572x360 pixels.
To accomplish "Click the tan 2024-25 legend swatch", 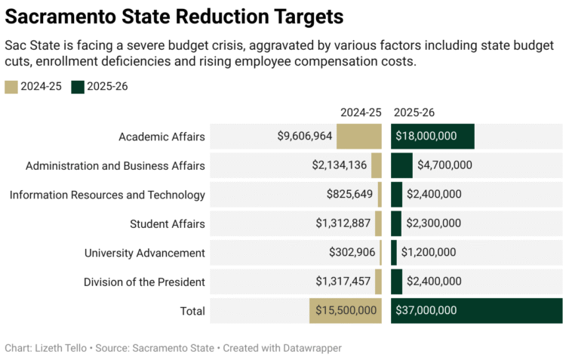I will (11, 86).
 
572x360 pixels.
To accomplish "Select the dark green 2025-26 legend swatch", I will (78, 86).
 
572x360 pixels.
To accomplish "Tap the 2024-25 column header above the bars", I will (361, 112).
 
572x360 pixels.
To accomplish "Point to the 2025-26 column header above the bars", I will (414, 112).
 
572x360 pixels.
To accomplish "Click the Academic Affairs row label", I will (161, 137).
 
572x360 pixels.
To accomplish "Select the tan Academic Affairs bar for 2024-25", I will (359, 137).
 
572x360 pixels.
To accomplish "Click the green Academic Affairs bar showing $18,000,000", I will (432, 137).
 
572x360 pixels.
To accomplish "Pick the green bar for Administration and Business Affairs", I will (401, 165).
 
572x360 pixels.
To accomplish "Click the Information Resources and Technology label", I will (107, 195).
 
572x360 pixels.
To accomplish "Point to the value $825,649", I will (349, 195).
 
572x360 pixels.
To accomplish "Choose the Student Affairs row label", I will (167, 223).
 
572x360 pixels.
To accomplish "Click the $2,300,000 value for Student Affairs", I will (434, 223).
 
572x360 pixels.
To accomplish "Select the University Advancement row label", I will (144, 253).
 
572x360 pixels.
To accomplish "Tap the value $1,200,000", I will (428, 253).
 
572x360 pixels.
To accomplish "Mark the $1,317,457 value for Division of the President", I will (343, 282).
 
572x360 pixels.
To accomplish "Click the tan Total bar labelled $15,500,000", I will (346, 310).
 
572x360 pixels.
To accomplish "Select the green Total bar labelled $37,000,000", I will (476, 310).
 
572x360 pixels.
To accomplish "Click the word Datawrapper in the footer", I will (309, 348).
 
